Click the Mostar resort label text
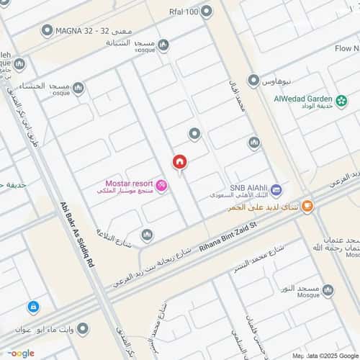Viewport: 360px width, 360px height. [x=127, y=183]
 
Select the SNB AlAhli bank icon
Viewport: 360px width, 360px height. [x=277, y=190]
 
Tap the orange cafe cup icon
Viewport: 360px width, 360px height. [x=307, y=207]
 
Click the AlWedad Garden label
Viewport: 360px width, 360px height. [x=302, y=99]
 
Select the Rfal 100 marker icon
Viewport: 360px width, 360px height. [x=207, y=11]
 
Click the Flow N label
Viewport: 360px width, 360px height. [x=347, y=48]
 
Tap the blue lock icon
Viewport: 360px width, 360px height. [x=33, y=307]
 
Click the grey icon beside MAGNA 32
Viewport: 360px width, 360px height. [x=48, y=30]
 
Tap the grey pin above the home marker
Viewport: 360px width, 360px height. [x=194, y=133]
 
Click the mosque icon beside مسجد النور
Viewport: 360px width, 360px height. [x=328, y=290]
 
